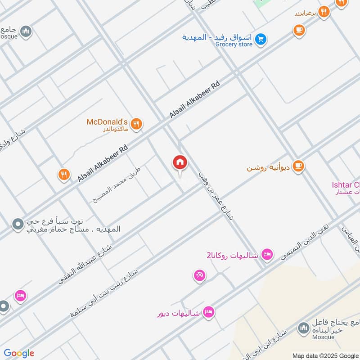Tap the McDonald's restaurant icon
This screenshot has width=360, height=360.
[x=137, y=123]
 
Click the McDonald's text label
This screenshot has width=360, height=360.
[x=108, y=122]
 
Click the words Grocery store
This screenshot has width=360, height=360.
[x=234, y=44]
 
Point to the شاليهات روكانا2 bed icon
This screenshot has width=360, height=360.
[x=267, y=255]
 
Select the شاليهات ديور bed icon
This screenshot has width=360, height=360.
[x=208, y=312]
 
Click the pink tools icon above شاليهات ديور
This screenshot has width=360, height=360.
[x=200, y=275]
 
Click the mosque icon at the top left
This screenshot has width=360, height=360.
[x=26, y=31]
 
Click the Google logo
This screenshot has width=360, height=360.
[x=19, y=353]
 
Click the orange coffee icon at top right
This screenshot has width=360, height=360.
[x=298, y=30]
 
